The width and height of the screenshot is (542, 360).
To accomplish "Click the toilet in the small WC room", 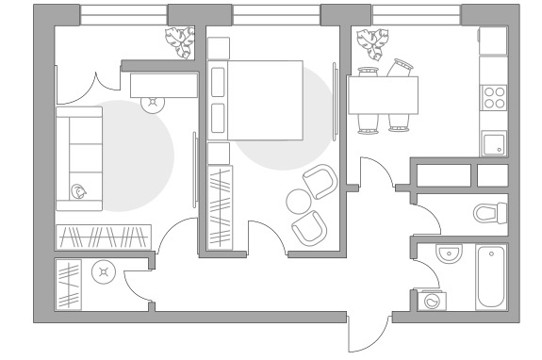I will [489, 213].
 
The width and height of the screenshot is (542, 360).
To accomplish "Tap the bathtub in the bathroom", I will [491, 277].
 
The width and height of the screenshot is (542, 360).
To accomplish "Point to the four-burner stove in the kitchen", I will [494, 97].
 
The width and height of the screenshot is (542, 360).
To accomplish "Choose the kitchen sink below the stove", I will [494, 143].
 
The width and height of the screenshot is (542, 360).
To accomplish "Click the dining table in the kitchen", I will [384, 94].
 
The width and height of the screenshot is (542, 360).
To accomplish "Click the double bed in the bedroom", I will [266, 101].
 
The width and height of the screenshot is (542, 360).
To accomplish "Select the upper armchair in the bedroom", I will [320, 181].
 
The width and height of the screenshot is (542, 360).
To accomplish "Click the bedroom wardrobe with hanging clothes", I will [219, 205].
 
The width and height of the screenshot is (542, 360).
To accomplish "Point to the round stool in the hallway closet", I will [101, 273].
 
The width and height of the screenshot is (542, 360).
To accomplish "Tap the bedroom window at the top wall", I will [275, 14].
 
